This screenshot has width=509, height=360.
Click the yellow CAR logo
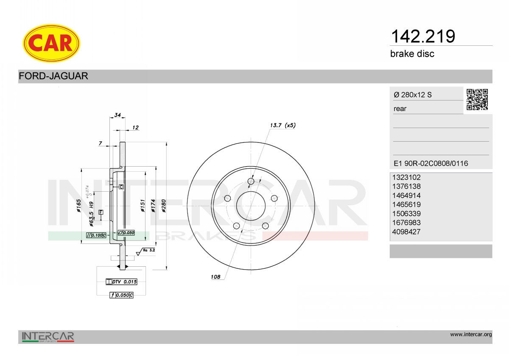[51, 43]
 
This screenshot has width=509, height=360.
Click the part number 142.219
[423, 36]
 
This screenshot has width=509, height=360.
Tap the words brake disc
[412, 54]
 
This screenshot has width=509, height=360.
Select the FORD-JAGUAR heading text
[53, 76]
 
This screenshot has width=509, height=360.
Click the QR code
[477, 100]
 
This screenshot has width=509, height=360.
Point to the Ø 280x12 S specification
[413, 95]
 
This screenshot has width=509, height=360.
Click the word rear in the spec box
[400, 109]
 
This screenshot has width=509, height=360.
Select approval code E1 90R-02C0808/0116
[431, 163]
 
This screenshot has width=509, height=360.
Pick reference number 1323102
[406, 177]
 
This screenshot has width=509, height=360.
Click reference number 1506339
[406, 214]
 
